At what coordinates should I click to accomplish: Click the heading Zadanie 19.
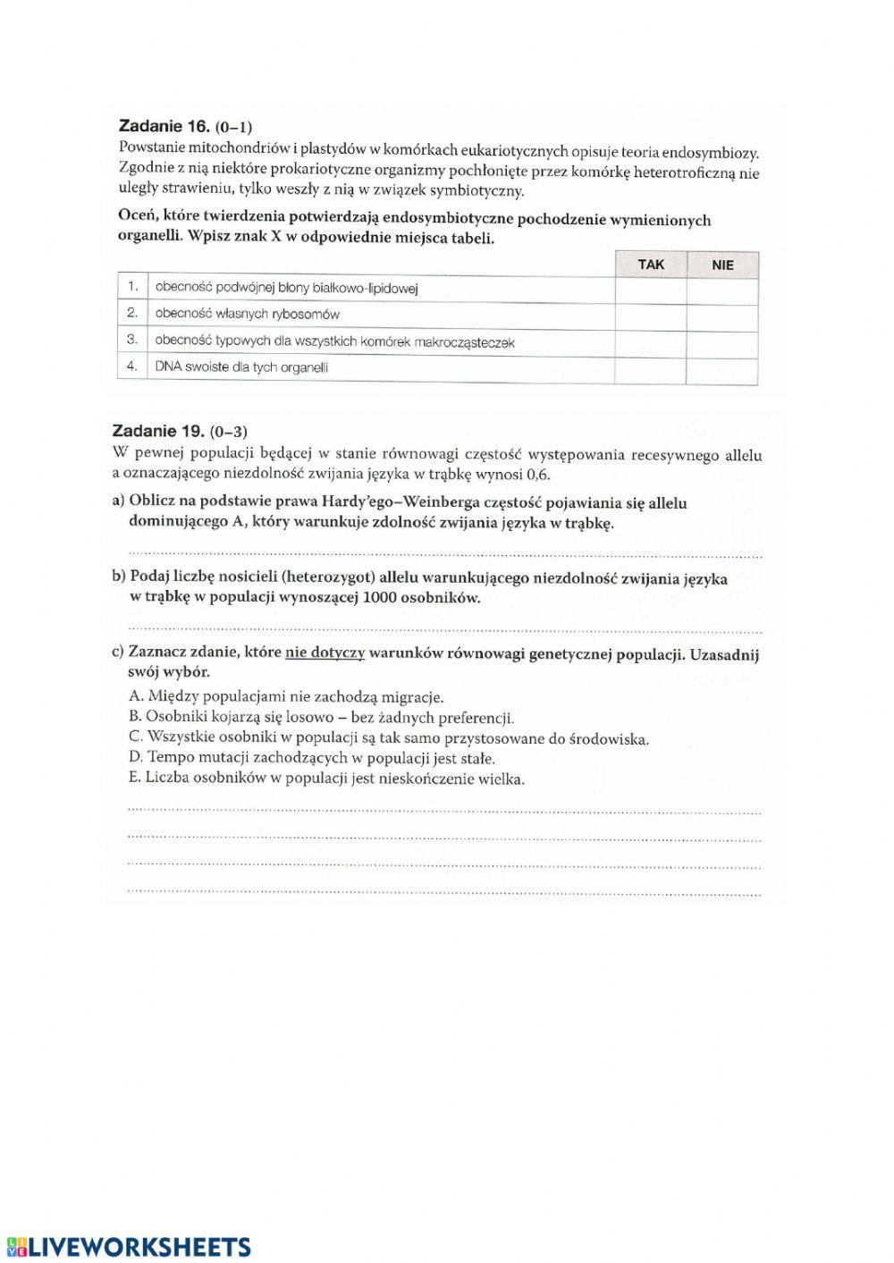tap(158, 432)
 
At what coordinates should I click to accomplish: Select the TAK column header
tap(651, 265)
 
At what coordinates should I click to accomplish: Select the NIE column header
tap(722, 265)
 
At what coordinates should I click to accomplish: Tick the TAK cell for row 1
tap(651, 290)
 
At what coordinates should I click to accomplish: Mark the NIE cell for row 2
tap(722, 317)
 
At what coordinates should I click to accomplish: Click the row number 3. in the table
tap(131, 340)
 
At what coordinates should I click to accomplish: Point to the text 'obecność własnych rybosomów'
tap(247, 314)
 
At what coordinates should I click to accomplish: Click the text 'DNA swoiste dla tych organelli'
tap(241, 366)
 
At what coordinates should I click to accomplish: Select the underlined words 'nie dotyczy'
tap(325, 653)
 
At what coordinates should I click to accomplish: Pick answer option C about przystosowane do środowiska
tap(389, 738)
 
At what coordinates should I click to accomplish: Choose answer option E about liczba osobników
tap(326, 779)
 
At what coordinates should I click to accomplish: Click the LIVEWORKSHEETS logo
tap(129, 1246)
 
